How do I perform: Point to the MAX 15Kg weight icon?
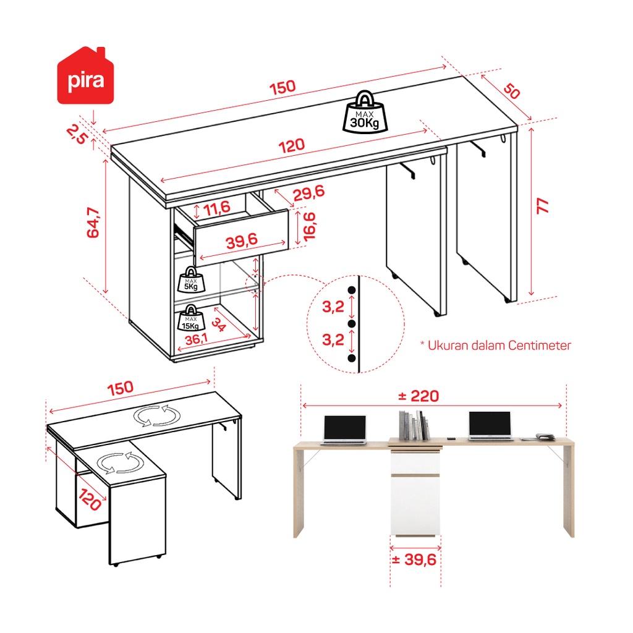click(191, 318)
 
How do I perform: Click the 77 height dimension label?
click(542, 206)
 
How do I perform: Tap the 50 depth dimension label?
click(512, 91)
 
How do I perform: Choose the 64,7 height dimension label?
click(93, 223)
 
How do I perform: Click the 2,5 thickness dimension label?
click(77, 134)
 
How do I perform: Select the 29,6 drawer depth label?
click(308, 193)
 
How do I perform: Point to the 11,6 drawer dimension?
click(217, 209)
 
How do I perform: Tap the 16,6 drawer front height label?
click(309, 227)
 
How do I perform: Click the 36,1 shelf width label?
click(196, 339)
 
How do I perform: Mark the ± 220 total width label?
click(418, 396)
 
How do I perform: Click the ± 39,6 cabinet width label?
click(414, 559)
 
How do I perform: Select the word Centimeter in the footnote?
click(539, 346)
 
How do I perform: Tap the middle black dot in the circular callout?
click(352, 324)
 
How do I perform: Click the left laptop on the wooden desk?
click(345, 430)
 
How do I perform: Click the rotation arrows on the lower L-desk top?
click(121, 463)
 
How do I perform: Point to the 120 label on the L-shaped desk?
click(90, 499)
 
